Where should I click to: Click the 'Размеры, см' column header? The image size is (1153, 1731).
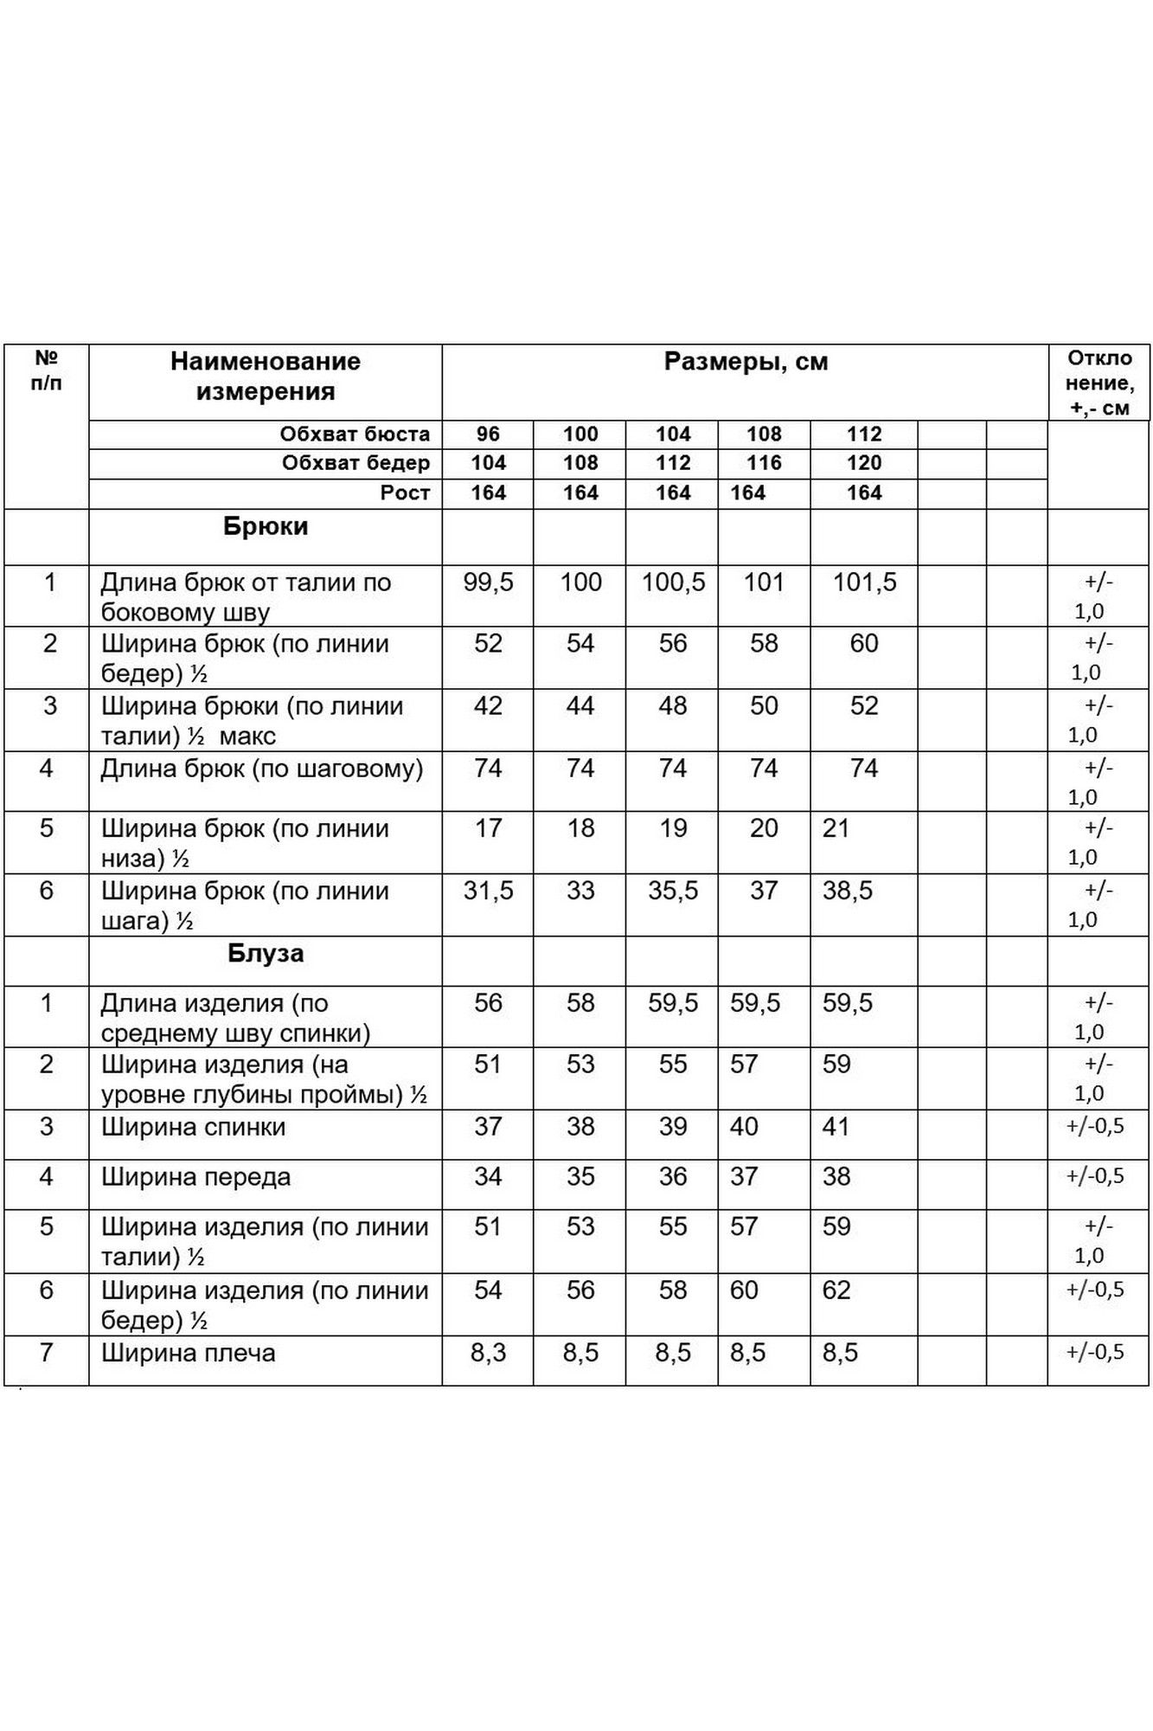tap(745, 362)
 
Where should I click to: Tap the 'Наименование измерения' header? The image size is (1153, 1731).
tap(265, 376)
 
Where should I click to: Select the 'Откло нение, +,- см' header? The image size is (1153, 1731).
tap(1099, 383)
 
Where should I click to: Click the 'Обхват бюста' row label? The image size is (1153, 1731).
tap(354, 434)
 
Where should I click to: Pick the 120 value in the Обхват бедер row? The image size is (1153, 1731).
tap(863, 463)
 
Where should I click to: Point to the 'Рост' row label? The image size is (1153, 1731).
tap(405, 493)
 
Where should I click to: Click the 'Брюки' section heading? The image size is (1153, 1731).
tap(265, 527)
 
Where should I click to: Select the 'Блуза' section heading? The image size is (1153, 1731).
tap(265, 954)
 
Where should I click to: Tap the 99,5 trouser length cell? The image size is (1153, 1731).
tap(488, 582)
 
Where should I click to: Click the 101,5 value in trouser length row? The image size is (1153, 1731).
tap(863, 582)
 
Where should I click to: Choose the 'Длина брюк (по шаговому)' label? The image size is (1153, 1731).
tap(261, 769)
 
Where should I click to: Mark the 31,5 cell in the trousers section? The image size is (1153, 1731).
tap(488, 891)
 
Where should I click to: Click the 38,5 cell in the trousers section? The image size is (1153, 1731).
tap(848, 891)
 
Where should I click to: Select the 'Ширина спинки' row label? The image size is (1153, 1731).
tap(193, 1127)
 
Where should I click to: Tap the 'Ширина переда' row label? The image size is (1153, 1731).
tap(195, 1177)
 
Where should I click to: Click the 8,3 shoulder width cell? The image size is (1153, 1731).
tap(488, 1353)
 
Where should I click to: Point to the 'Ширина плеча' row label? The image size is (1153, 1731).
tap(188, 1353)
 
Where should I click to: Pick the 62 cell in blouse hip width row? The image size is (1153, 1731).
tap(836, 1290)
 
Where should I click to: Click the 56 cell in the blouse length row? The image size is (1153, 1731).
tap(488, 1003)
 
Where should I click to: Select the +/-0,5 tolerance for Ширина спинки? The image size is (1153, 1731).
tap(1094, 1127)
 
